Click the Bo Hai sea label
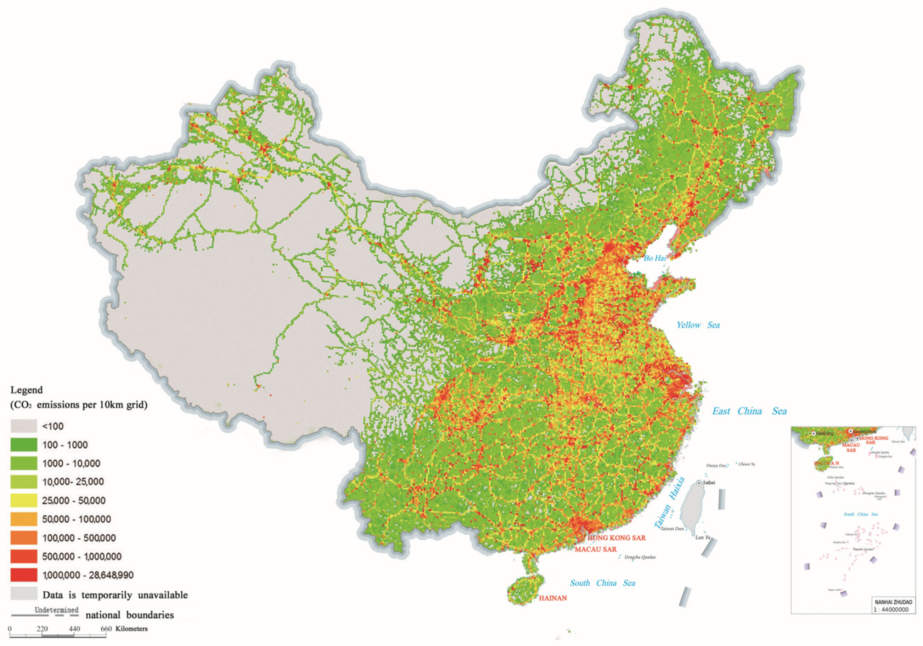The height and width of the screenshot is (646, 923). [x=655, y=258]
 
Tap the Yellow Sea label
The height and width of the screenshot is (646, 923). [x=698, y=325]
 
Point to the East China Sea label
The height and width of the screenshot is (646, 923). [x=749, y=411]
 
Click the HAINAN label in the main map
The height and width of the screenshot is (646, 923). [x=553, y=598]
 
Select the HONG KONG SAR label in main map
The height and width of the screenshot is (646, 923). [x=617, y=538]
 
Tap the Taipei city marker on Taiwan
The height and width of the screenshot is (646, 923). [x=700, y=483]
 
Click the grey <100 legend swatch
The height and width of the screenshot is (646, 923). [x=24, y=426]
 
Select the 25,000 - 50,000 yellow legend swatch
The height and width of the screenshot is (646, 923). [x=24, y=500]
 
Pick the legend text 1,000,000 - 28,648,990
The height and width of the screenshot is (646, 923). [x=88, y=575]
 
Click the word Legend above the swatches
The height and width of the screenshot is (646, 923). [x=27, y=390]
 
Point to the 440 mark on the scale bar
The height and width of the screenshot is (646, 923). [x=74, y=629]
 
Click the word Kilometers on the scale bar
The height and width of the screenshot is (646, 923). [x=131, y=629]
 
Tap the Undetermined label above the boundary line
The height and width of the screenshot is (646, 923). [x=56, y=610]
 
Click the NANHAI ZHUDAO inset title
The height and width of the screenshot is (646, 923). [x=893, y=602]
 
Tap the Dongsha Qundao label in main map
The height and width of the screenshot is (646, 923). [x=640, y=557]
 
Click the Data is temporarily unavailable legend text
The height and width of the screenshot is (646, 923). [x=115, y=595]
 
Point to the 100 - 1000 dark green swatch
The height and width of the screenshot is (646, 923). [x=24, y=445]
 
